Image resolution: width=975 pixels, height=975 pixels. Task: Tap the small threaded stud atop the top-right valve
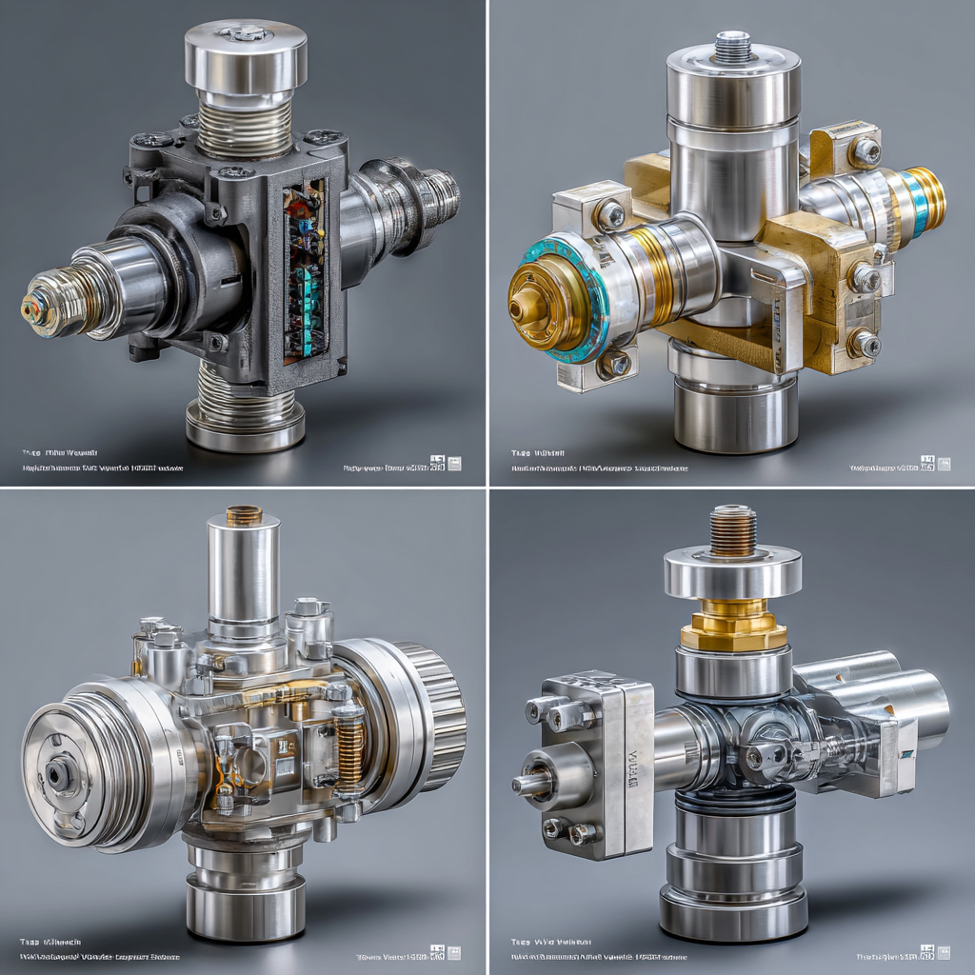[x=732, y=46]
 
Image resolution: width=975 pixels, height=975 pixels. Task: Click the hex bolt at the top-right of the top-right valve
[x=866, y=151]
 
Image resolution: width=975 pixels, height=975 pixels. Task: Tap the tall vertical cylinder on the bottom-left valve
[x=244, y=571]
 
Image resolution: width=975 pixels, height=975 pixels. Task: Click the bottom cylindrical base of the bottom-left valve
[x=245, y=905]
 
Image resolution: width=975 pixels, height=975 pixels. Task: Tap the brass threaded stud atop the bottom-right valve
[x=732, y=530]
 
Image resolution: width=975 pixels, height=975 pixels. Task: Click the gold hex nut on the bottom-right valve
[x=733, y=629]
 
